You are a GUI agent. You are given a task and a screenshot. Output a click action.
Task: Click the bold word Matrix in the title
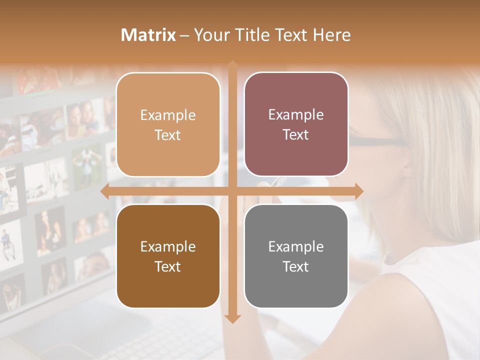click(x=148, y=35)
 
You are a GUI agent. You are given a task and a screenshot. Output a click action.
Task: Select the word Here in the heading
click(x=331, y=35)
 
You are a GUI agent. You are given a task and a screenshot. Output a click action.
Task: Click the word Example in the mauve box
click(x=296, y=114)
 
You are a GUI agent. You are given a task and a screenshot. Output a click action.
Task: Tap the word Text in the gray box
click(x=296, y=266)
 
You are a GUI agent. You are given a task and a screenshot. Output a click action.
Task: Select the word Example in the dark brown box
click(x=168, y=246)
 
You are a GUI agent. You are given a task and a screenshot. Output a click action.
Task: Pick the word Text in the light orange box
click(x=168, y=135)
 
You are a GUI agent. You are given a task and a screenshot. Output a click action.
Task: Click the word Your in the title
click(x=210, y=35)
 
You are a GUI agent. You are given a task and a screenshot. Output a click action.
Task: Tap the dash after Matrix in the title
click(x=184, y=35)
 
